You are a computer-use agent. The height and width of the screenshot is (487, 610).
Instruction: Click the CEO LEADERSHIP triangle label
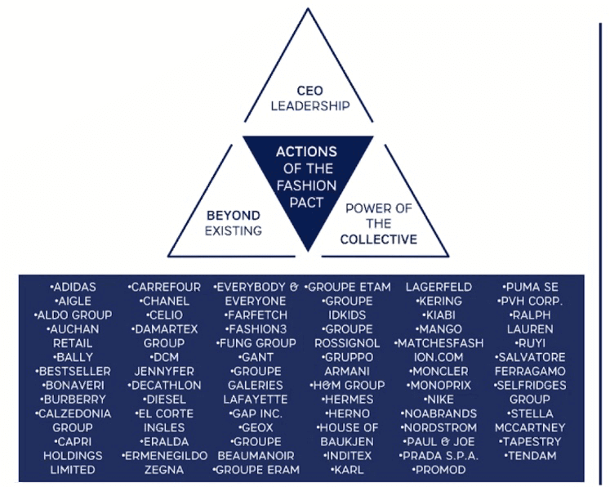point(310,97)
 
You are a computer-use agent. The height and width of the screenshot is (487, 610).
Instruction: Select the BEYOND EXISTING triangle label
point(234,223)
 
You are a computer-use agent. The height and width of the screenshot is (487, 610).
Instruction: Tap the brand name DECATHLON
point(166,386)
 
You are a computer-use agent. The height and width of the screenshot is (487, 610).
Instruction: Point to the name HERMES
point(348,400)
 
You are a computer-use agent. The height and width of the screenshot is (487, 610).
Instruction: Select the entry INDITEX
point(348,456)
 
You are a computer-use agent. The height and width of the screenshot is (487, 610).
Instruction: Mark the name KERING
point(439,302)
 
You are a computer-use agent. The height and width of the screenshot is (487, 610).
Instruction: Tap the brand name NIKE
point(439,400)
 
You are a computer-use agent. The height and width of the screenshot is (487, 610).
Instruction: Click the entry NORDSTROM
point(439,427)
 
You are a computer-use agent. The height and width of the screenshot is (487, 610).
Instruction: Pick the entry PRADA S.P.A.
point(439,456)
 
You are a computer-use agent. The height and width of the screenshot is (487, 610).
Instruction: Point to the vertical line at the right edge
point(601,245)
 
